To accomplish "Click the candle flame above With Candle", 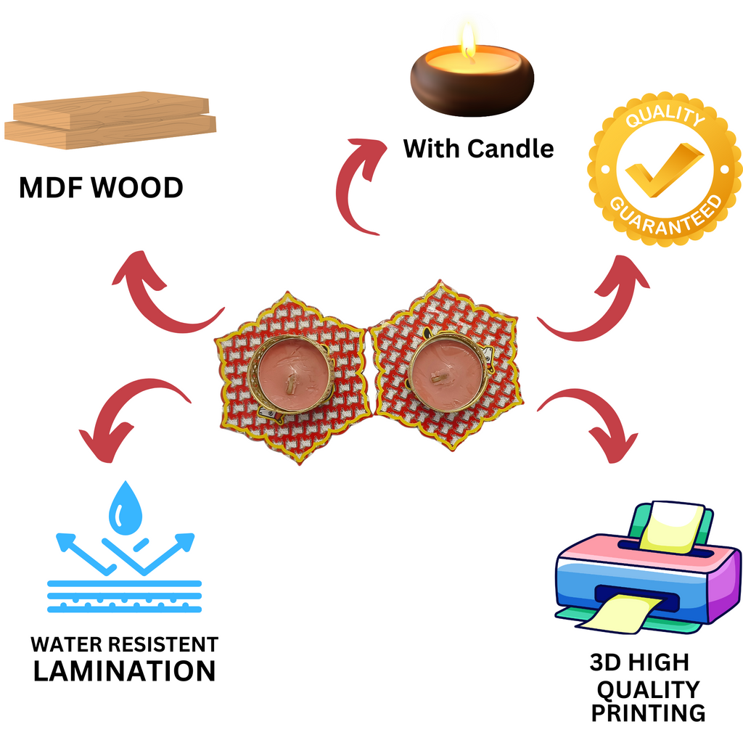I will (x=469, y=41).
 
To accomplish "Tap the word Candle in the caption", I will (x=510, y=149).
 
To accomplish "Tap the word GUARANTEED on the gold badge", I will (x=666, y=217).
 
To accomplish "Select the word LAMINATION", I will (x=124, y=670).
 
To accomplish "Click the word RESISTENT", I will (x=164, y=644).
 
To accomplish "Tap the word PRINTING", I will (x=648, y=713).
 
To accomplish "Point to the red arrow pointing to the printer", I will (x=591, y=421).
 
